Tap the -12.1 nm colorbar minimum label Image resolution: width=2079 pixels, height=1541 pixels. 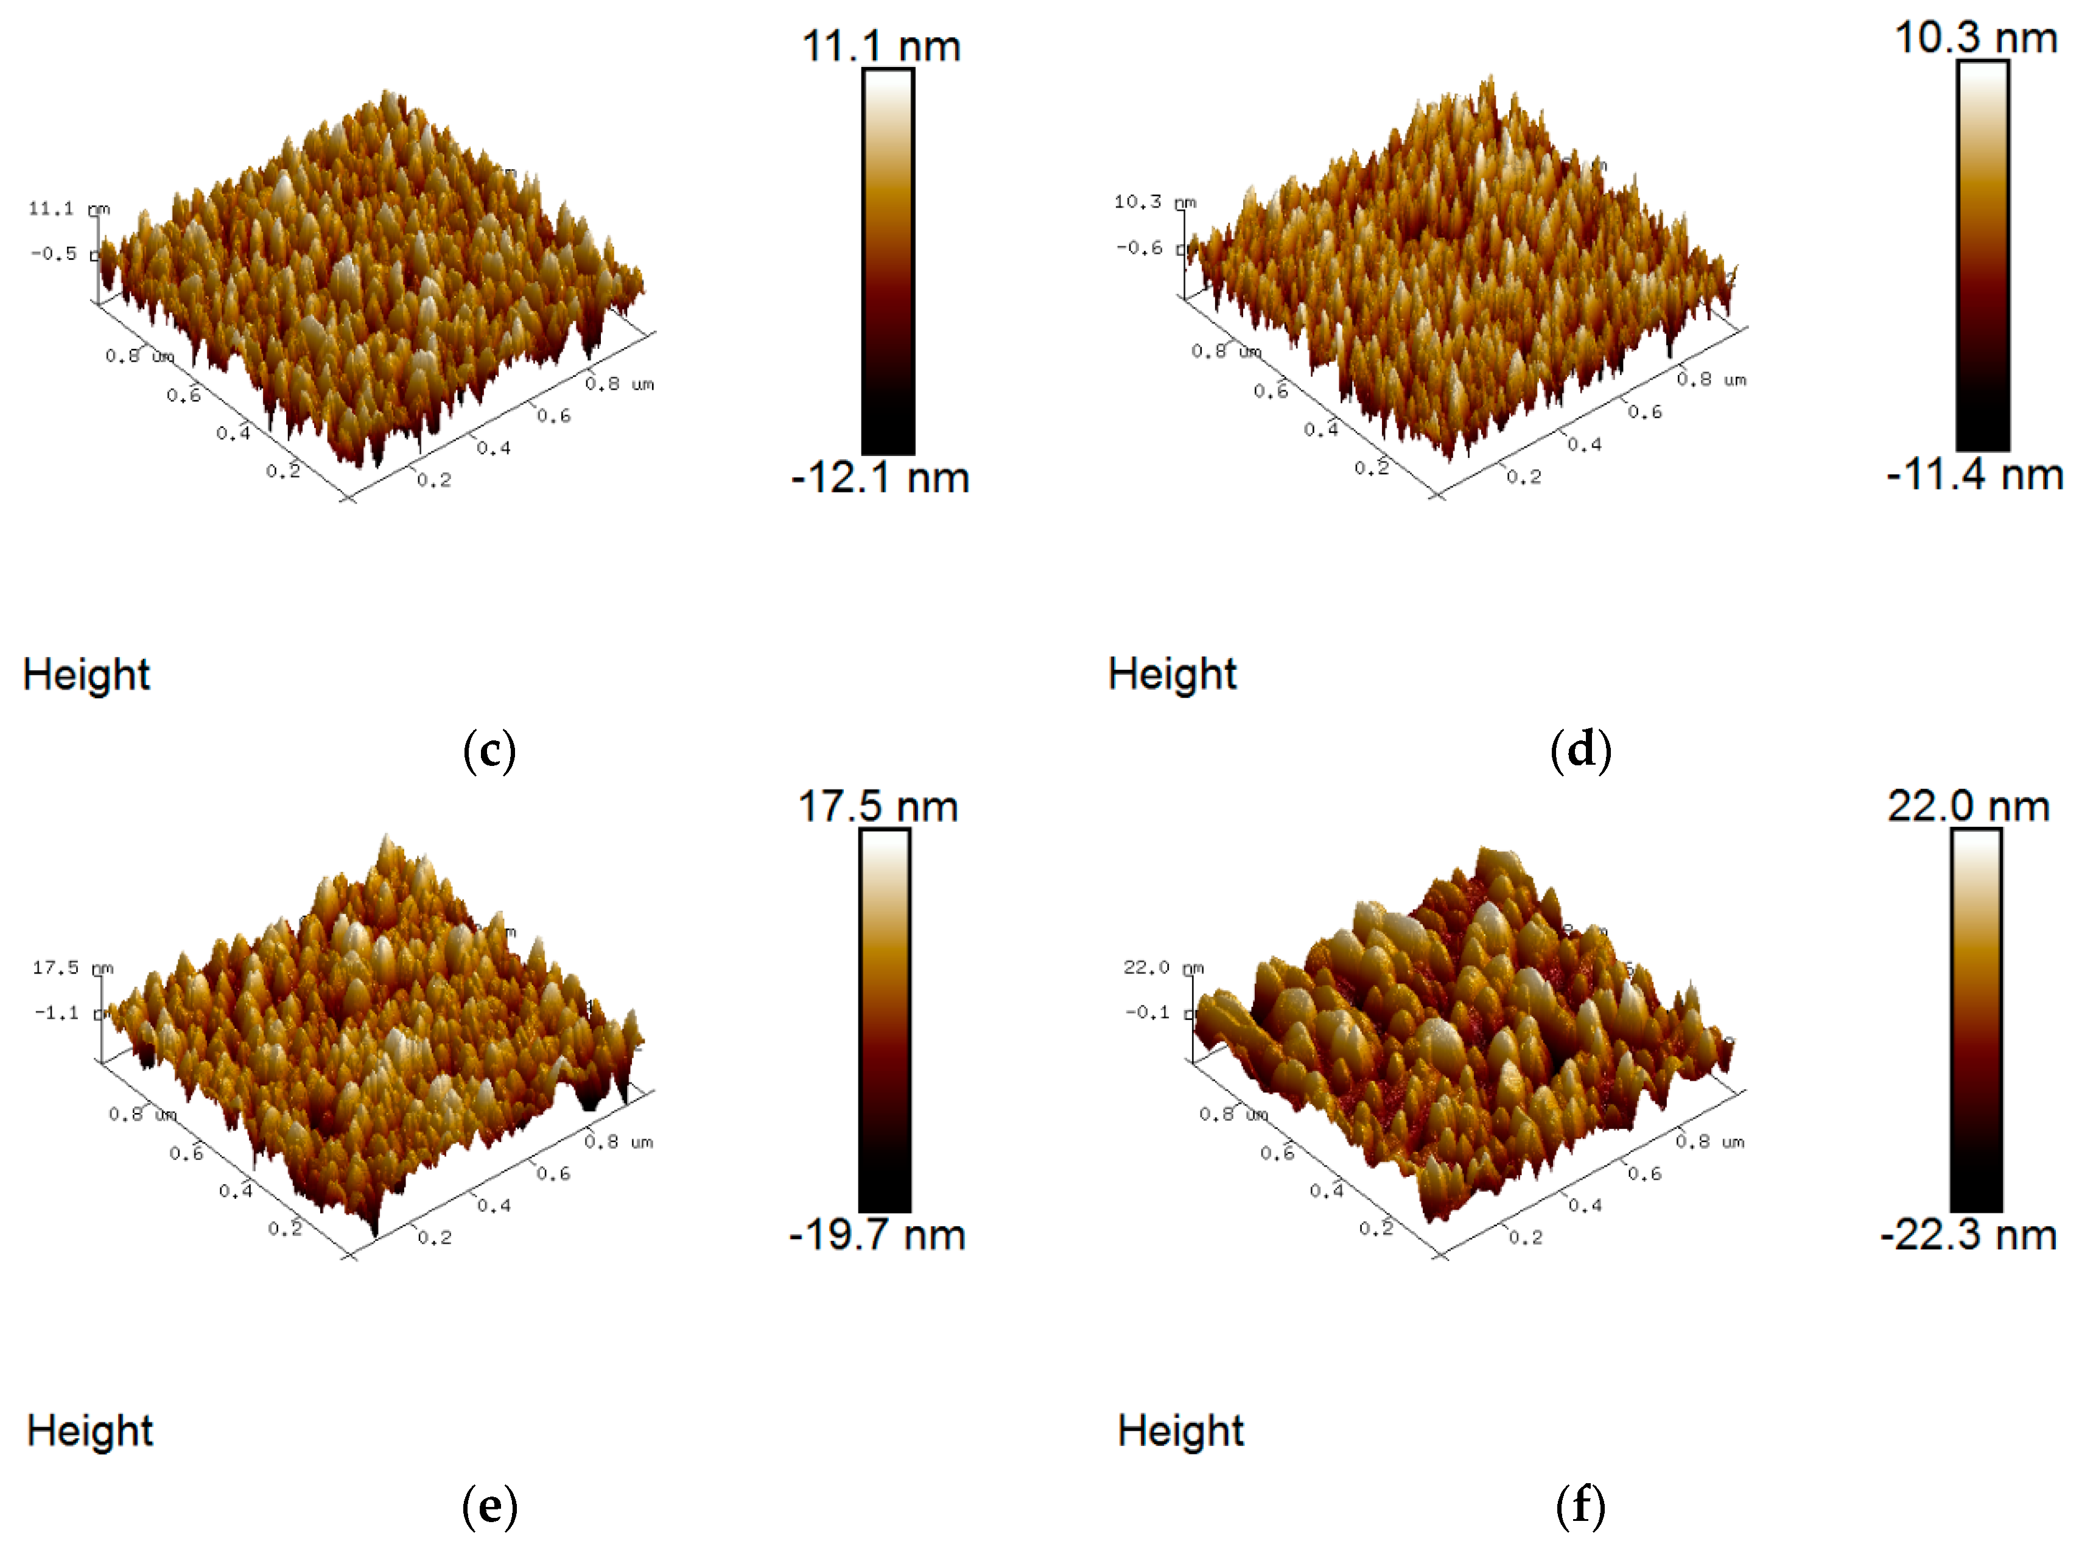pos(880,477)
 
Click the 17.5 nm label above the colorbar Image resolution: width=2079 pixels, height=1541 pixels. pos(877,806)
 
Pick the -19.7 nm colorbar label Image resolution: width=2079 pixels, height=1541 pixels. pos(877,1234)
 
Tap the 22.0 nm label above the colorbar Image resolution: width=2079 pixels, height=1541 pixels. pos(1968,806)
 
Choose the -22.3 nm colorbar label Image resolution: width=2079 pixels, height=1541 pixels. pos(1968,1234)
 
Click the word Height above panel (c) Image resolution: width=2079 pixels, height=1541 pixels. pos(86,675)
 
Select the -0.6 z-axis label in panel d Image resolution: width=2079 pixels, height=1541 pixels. pos(1139,248)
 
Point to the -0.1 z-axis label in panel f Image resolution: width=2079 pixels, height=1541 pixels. pos(1146,1012)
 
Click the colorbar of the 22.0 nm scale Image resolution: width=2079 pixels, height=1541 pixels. pos(1976,1020)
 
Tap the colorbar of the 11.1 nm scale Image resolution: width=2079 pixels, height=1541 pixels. pos(887,261)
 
